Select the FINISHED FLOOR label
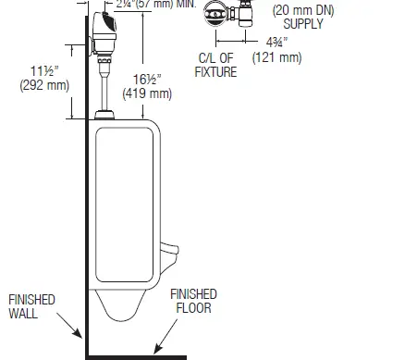[195, 301]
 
